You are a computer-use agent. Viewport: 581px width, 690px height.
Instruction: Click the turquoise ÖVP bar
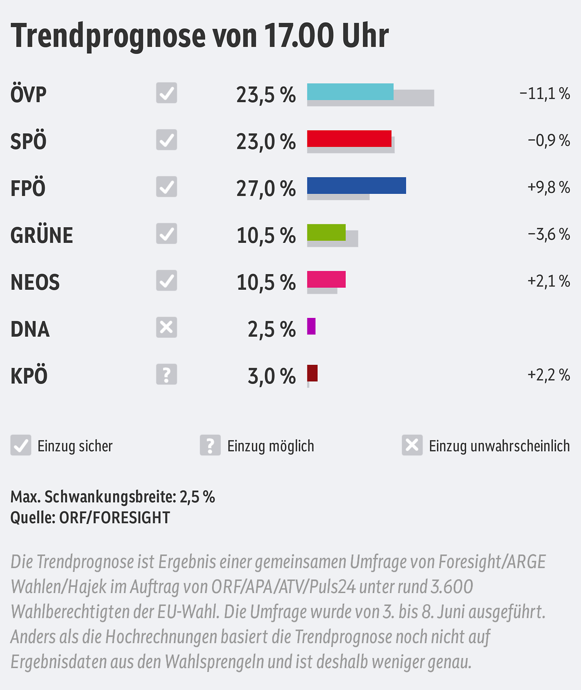click(350, 92)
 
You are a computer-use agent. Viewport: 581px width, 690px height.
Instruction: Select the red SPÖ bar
click(349, 139)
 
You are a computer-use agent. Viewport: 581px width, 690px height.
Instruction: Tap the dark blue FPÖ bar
click(356, 186)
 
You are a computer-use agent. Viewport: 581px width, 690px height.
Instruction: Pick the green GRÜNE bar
click(326, 233)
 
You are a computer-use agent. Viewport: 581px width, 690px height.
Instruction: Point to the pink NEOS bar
click(326, 280)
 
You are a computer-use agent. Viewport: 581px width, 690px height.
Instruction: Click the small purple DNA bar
click(311, 326)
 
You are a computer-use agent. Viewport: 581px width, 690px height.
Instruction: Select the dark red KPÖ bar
click(312, 373)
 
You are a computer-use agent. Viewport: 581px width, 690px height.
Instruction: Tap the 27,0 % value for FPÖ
click(266, 188)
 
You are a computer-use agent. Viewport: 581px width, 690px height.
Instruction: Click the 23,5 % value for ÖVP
click(266, 95)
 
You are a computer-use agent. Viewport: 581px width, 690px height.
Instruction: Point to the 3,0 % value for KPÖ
click(272, 376)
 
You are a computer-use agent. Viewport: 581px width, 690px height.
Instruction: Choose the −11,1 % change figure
click(545, 93)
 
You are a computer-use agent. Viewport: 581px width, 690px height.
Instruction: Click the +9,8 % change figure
click(549, 187)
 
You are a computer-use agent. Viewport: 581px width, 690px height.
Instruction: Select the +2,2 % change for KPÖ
click(549, 375)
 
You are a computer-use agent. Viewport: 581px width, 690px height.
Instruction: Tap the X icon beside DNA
click(167, 328)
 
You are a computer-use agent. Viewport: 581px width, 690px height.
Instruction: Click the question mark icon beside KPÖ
click(167, 375)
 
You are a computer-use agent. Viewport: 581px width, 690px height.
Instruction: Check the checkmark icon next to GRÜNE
click(167, 234)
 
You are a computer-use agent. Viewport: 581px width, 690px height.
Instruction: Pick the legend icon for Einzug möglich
click(210, 445)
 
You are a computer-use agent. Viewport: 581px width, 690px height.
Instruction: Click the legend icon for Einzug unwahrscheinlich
click(412, 445)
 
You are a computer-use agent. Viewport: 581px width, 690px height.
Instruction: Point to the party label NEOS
click(35, 282)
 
